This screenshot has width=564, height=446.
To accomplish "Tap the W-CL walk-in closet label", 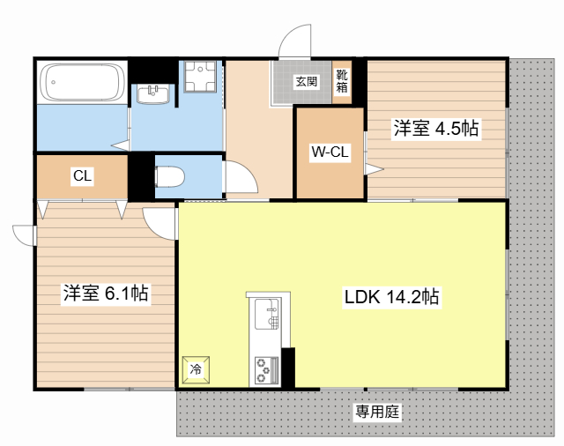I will click(x=330, y=152).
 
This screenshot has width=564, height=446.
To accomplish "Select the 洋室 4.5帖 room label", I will click(x=435, y=129).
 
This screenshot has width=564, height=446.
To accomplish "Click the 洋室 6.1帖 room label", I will click(x=105, y=294).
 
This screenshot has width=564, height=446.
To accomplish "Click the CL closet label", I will click(x=82, y=176).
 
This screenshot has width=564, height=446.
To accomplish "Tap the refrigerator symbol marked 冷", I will click(x=196, y=369).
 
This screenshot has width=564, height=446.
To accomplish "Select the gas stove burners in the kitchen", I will click(x=264, y=369).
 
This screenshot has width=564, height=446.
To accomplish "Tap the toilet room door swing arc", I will click(x=240, y=179).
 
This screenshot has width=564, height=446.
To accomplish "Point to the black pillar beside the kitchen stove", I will click(x=287, y=368).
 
